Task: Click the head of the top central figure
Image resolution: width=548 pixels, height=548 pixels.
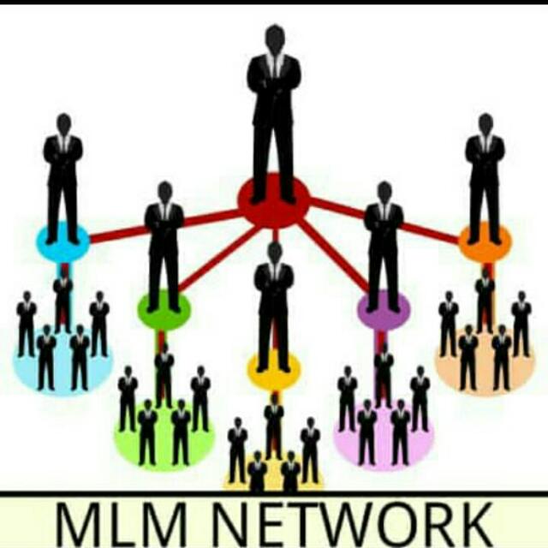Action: (x=274, y=39)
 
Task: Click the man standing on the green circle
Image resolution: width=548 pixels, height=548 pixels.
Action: (x=164, y=244)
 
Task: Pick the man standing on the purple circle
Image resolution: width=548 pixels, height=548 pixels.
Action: (x=384, y=244)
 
